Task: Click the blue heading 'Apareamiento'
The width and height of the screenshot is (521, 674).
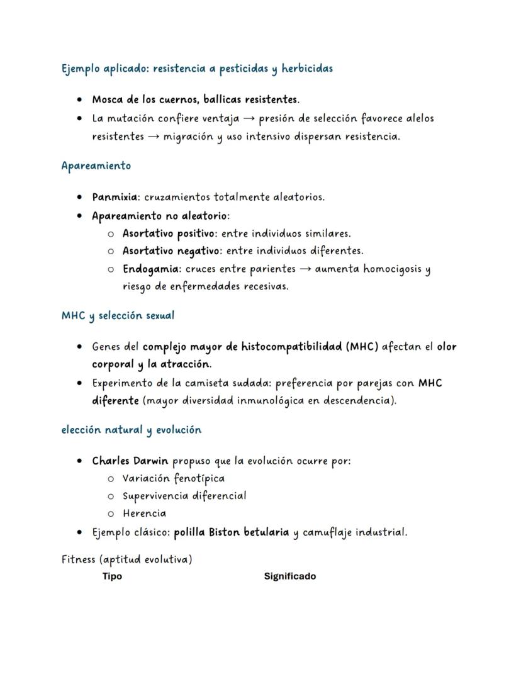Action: click(x=96, y=166)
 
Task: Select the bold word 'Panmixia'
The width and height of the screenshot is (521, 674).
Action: click(x=115, y=197)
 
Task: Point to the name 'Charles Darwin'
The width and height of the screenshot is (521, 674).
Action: click(x=131, y=461)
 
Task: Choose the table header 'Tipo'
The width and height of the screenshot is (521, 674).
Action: click(x=112, y=576)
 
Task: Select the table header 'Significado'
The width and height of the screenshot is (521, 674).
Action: click(x=289, y=576)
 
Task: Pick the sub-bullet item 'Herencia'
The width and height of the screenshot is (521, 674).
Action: click(x=144, y=514)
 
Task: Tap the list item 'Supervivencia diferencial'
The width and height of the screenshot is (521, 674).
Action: click(x=184, y=496)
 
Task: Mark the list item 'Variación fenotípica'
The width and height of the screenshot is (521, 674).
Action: click(x=173, y=478)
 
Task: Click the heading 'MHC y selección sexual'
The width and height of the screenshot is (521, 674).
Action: click(x=118, y=316)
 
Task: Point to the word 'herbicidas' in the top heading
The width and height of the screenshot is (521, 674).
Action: click(x=307, y=69)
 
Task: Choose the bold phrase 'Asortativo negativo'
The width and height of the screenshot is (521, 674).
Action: click(x=171, y=251)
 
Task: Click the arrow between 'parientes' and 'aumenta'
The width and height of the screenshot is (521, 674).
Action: click(x=305, y=269)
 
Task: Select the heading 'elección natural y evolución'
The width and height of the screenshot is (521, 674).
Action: click(x=131, y=430)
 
